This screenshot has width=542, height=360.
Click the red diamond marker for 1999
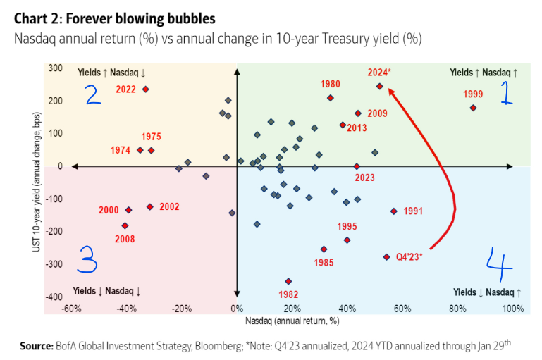(473, 108)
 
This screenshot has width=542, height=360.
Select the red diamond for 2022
(146, 89)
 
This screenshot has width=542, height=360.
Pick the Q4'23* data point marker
(386, 257)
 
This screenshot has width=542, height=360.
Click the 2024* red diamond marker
(379, 87)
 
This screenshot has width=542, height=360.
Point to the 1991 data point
(393, 211)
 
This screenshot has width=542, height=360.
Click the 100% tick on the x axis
(512, 309)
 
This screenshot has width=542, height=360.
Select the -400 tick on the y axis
(54, 297)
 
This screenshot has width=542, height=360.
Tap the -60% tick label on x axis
(70, 309)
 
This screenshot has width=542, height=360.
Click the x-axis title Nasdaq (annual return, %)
(292, 321)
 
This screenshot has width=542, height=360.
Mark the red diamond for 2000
(128, 210)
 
